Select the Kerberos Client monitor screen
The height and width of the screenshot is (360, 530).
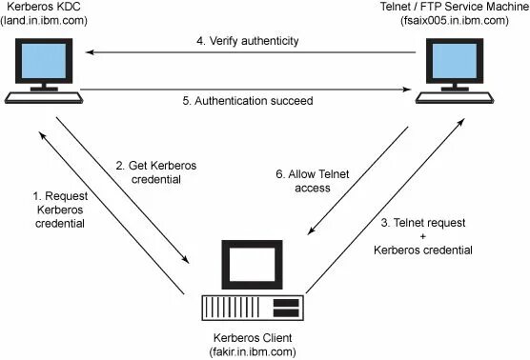coord(254,264)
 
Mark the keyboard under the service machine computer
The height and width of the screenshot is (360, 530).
coord(455,96)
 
